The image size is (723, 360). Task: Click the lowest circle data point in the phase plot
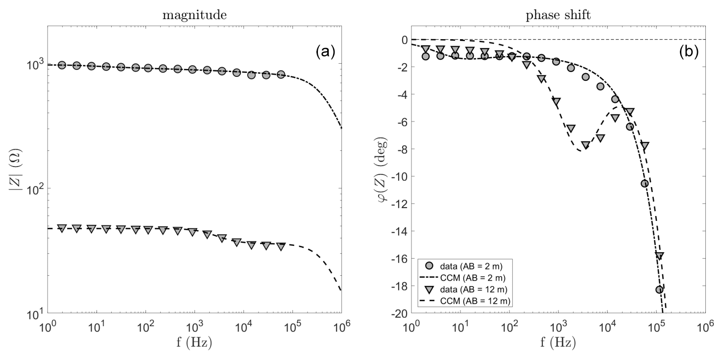[659, 289]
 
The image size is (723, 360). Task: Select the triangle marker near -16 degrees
[659, 256]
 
